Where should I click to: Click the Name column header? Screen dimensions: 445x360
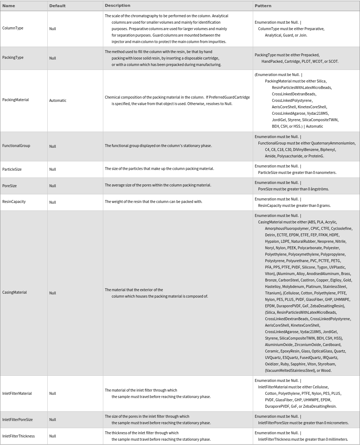click(9, 6)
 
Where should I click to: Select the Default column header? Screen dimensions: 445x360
click(57, 6)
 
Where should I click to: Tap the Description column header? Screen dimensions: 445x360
click(117, 5)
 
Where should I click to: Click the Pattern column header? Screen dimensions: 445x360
click(263, 6)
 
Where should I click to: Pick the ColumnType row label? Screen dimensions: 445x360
click(13, 28)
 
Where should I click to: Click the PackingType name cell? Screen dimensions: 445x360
click(13, 57)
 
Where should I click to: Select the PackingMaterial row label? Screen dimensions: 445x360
click(15, 100)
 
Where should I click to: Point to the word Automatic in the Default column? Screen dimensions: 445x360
click(58, 100)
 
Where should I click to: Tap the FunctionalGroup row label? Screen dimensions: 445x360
click(16, 146)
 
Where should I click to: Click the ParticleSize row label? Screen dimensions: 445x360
click(12, 169)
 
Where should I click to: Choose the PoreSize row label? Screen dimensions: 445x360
click(9, 186)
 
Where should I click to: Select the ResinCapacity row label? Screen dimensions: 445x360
click(14, 202)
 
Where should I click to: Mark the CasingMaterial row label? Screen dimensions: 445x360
click(14, 292)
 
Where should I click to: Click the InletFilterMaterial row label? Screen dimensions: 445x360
click(17, 393)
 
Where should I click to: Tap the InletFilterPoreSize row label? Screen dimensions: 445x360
click(17, 420)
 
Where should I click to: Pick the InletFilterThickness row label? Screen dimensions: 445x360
click(18, 436)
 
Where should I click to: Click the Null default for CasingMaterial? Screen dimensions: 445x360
click(52, 293)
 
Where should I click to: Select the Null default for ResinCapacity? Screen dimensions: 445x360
click(52, 202)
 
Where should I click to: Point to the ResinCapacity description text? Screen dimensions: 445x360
click(153, 202)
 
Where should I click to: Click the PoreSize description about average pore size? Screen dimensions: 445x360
click(158, 185)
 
